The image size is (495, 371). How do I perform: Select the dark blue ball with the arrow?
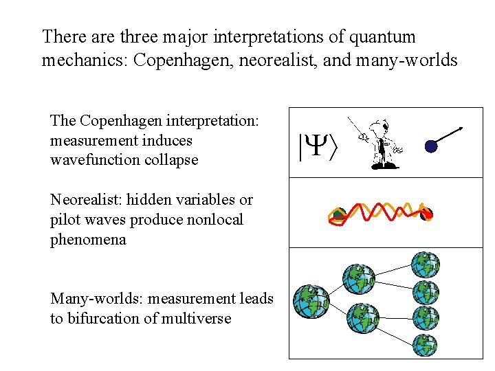(x=431, y=146)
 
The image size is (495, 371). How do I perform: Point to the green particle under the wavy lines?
(x=338, y=216)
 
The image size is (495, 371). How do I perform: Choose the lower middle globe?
(x=362, y=318)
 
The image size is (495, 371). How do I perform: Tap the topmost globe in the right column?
(x=425, y=265)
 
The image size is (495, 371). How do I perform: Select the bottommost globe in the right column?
(x=425, y=346)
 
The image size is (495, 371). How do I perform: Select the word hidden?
(x=151, y=200)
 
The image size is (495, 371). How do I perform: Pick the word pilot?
(x=65, y=220)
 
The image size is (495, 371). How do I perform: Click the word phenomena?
(x=88, y=240)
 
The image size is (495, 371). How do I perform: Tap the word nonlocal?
(x=217, y=220)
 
